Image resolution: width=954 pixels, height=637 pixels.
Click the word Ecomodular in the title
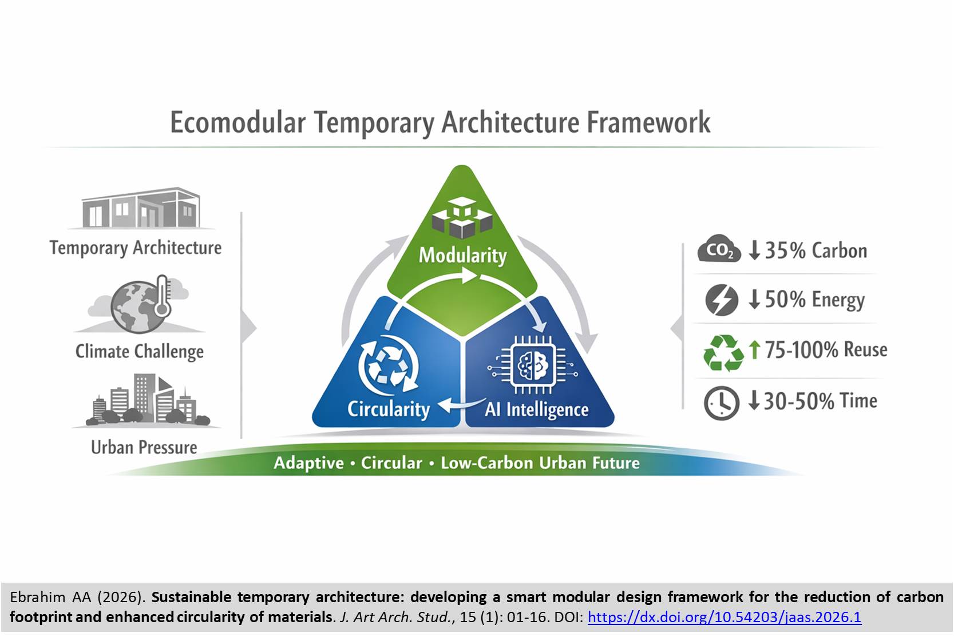(x=238, y=122)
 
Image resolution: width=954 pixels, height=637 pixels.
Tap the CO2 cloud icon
(x=719, y=249)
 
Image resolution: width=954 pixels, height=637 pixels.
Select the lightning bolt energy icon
(x=721, y=300)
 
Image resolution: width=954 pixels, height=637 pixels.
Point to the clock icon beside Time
(x=721, y=403)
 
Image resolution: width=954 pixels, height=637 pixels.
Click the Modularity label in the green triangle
(x=462, y=254)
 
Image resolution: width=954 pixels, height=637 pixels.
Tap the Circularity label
(x=388, y=409)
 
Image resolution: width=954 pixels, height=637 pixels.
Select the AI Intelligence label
(x=536, y=409)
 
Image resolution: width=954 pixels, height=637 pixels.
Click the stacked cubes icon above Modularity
(x=462, y=218)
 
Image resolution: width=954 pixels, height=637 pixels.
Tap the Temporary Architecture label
(x=135, y=248)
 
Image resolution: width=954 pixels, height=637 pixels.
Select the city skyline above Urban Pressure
(x=147, y=400)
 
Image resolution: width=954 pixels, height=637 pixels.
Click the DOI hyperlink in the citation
(x=724, y=618)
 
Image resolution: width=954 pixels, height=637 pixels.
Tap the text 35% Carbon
(x=816, y=250)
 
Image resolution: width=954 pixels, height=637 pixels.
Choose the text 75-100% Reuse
(x=825, y=349)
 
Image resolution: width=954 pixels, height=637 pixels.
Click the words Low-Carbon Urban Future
(x=540, y=463)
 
